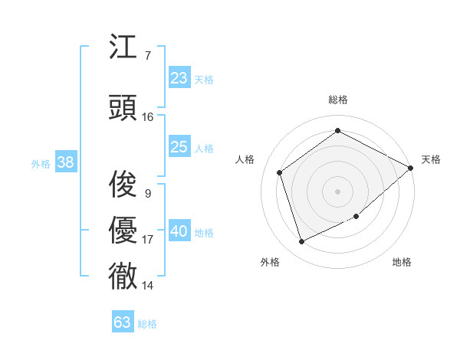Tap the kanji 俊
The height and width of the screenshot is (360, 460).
(x=123, y=185)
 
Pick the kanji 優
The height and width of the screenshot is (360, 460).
(x=123, y=231)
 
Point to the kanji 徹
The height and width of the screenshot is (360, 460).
(x=123, y=277)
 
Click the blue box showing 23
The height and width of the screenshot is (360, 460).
(x=179, y=78)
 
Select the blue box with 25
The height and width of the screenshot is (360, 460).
(x=179, y=147)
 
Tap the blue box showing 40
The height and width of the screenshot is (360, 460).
(x=179, y=231)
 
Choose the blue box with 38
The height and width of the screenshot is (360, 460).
(x=65, y=162)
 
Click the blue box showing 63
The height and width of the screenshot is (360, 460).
(x=123, y=322)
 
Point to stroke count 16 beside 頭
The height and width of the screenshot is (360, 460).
(x=148, y=117)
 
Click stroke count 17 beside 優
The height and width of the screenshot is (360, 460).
(x=148, y=240)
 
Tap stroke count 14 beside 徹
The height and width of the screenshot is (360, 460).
(x=148, y=286)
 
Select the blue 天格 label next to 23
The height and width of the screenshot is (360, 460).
(x=204, y=79)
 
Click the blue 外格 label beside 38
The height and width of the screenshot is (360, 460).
(x=41, y=163)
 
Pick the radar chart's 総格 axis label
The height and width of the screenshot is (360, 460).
(x=337, y=100)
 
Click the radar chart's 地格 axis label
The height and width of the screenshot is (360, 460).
(x=402, y=262)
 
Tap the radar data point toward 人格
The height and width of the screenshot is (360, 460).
(x=280, y=172)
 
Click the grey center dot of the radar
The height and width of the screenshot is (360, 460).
(x=337, y=191)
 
